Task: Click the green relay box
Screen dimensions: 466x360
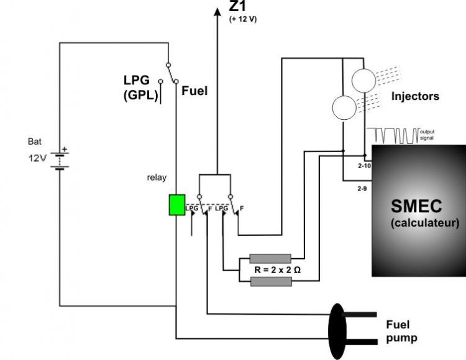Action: (177, 205)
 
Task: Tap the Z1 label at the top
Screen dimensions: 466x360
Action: (237, 6)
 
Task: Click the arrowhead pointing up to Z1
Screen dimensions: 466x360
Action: (217, 12)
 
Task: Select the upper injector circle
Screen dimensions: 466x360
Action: (363, 81)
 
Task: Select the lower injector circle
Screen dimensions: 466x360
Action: (344, 108)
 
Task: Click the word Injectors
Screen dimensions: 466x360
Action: (415, 96)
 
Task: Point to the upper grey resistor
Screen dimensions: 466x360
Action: (270, 258)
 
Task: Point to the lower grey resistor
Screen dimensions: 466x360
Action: (271, 281)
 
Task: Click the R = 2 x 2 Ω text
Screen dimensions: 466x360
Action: (278, 270)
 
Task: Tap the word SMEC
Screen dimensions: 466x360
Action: (416, 206)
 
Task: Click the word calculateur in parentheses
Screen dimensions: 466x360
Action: (425, 223)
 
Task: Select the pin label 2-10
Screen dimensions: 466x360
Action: (364, 166)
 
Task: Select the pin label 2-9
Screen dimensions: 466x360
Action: (362, 189)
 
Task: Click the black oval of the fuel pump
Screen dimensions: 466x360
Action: (337, 331)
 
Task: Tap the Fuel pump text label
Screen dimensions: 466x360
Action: (401, 331)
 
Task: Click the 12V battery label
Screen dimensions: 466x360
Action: (37, 158)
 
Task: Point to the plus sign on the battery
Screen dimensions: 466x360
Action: (64, 150)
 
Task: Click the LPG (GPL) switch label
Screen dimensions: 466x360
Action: (141, 88)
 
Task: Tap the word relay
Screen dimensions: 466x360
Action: (157, 178)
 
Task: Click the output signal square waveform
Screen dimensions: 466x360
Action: (393, 136)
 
